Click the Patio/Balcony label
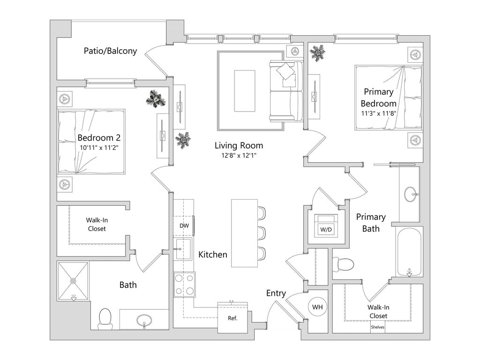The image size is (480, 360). (x=110, y=51)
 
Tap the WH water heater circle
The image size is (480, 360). (x=317, y=307)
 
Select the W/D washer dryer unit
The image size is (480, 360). (x=326, y=225)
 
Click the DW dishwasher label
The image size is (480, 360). (x=184, y=226)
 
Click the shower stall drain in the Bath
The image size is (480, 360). (x=73, y=281)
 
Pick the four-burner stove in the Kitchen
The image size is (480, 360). (x=184, y=285)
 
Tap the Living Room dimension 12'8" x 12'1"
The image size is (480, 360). (x=239, y=156)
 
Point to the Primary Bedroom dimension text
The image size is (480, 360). (x=379, y=113)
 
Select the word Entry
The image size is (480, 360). (x=276, y=293)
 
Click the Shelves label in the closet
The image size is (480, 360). (x=377, y=327)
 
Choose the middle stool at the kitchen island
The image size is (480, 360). (x=262, y=233)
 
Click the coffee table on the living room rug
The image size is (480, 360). (x=244, y=90)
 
